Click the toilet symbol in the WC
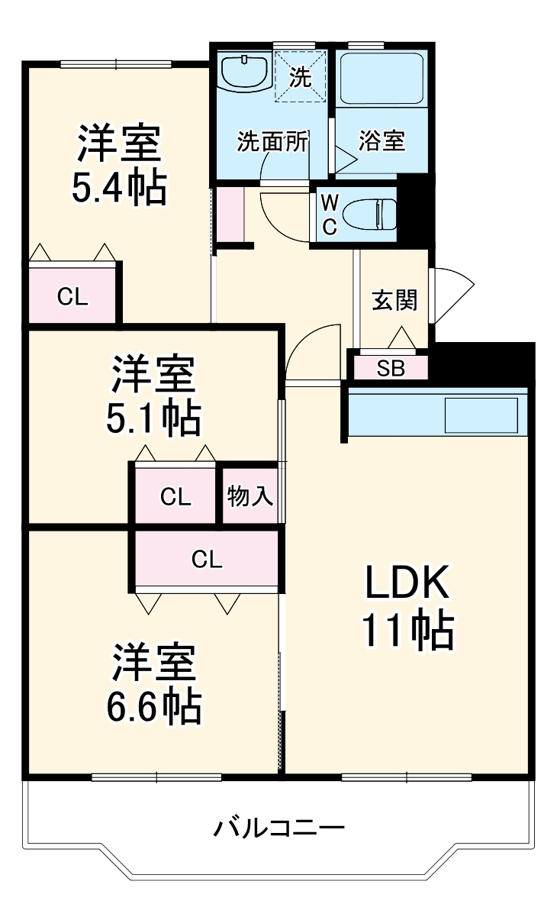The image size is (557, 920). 369,214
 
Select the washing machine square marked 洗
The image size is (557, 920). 301,76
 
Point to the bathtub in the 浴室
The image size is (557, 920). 381,79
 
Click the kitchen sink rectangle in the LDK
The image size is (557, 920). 481,415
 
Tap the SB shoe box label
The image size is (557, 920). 391,369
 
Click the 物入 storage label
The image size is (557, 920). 250,496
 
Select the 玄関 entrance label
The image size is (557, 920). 394,300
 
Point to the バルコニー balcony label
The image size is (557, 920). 278,828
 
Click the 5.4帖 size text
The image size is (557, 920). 120,188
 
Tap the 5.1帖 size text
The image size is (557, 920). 153,419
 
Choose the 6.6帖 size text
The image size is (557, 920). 154,708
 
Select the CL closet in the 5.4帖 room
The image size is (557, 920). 72,295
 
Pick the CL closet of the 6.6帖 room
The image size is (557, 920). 207,559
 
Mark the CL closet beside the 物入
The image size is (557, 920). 175,496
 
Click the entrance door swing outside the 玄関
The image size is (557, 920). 452,295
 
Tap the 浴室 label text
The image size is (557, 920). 382,141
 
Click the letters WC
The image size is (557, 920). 330,214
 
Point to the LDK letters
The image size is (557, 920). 407,583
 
